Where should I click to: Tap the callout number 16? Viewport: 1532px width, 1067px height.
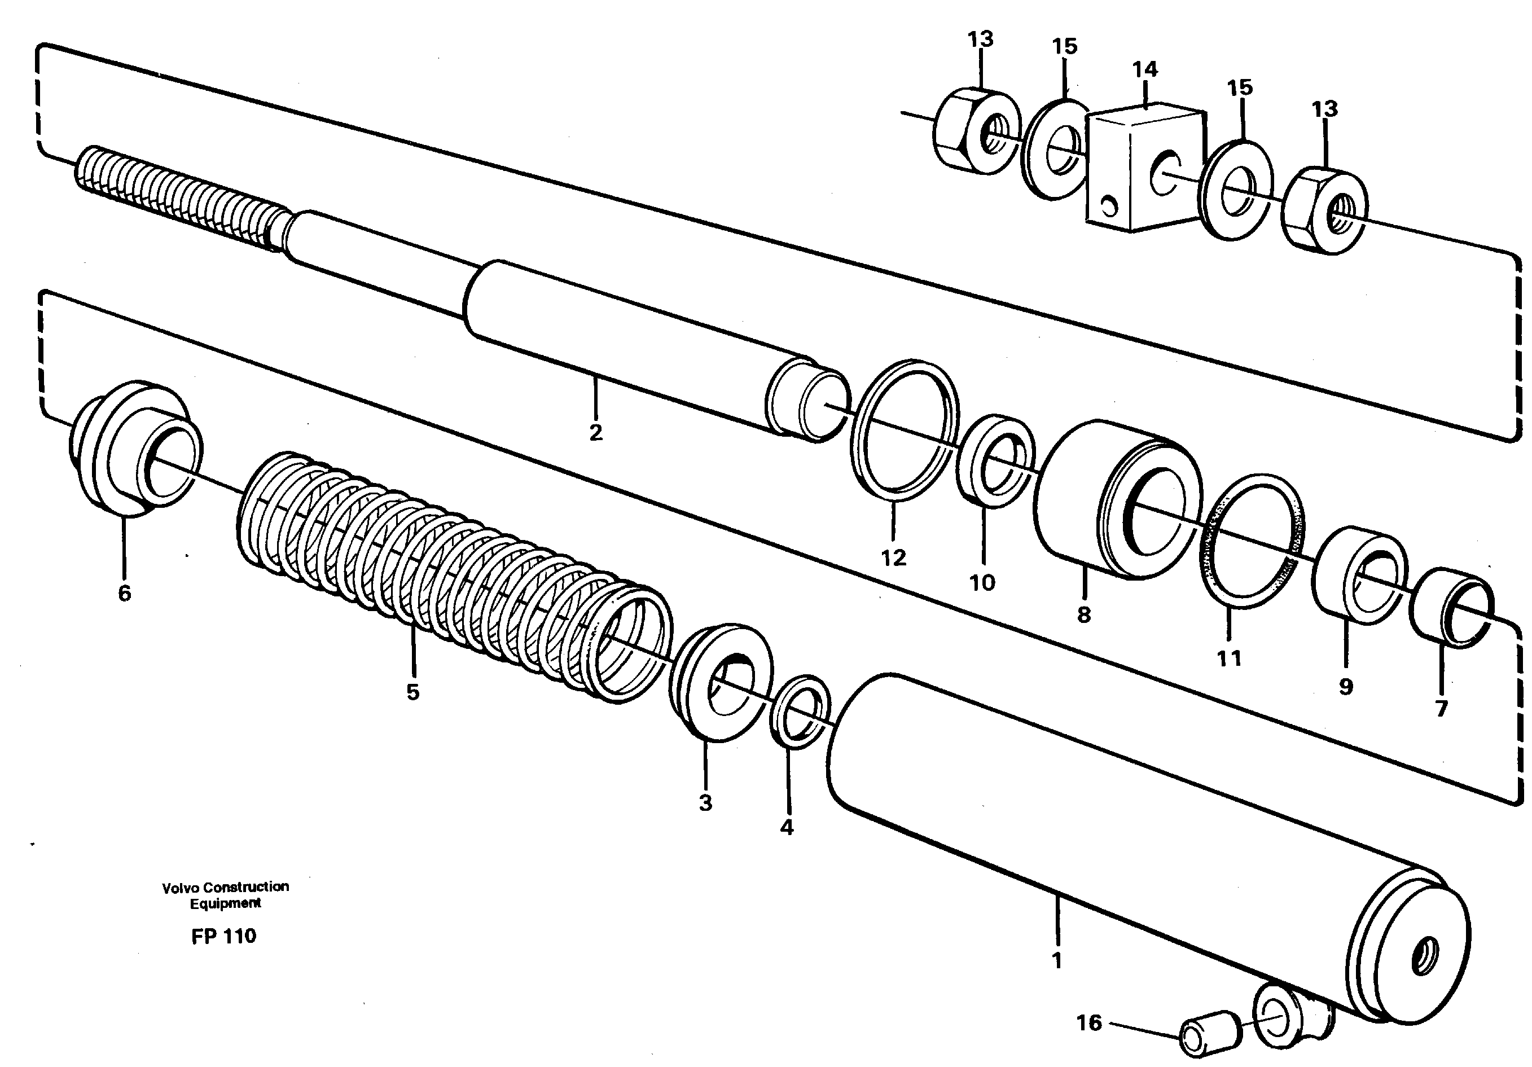[1088, 1022]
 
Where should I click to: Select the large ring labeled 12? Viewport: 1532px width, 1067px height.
[905, 431]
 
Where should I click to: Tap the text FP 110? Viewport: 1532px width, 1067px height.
[223, 936]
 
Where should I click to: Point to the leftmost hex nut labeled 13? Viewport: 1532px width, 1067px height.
[976, 132]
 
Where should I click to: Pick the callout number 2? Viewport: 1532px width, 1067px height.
[595, 432]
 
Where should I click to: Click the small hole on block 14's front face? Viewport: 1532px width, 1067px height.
[1108, 208]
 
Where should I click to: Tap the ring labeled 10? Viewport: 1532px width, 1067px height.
[994, 460]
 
